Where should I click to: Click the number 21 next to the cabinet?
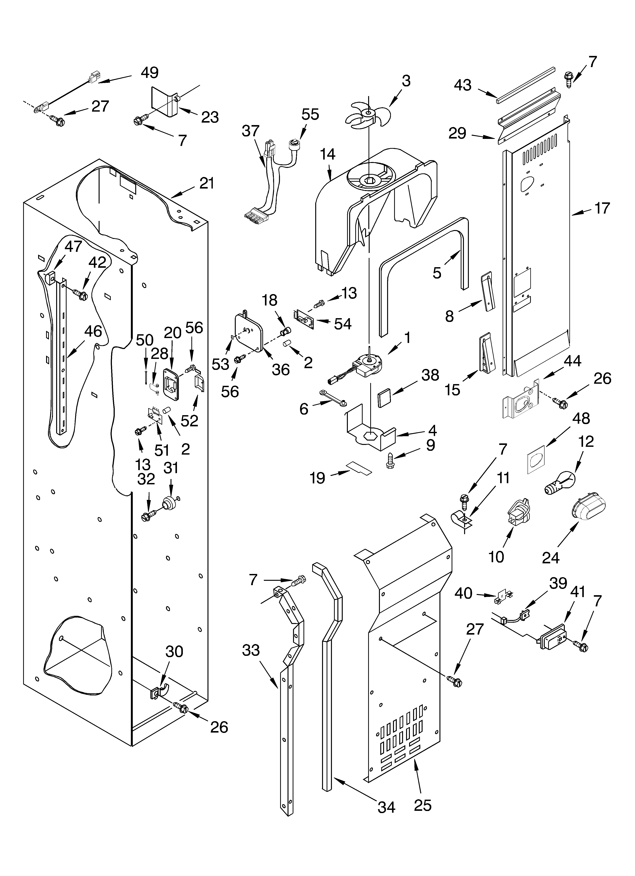tap(207, 183)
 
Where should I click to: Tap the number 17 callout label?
tap(602, 208)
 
